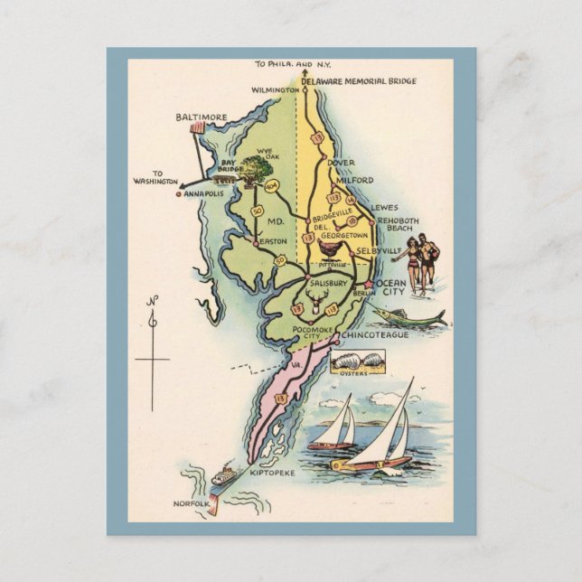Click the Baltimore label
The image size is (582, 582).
(x=202, y=117)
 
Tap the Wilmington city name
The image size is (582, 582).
(x=276, y=91)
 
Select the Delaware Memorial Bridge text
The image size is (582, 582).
(x=359, y=81)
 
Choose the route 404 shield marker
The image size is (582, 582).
(x=272, y=186)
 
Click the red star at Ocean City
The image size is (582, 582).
(x=369, y=284)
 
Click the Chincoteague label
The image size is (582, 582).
(x=375, y=335)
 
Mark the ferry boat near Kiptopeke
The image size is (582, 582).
(x=223, y=474)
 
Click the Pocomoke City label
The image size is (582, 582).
(x=315, y=333)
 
